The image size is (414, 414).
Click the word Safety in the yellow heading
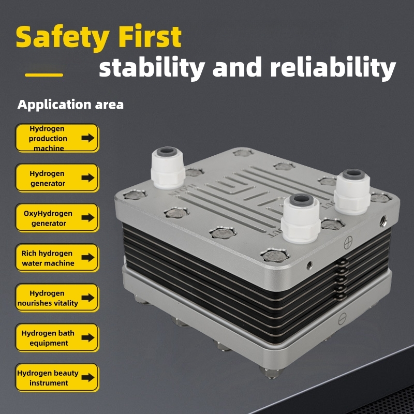63,37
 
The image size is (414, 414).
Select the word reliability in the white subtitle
333,67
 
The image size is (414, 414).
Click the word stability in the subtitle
152,67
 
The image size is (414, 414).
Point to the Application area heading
70,105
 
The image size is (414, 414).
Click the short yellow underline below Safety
44,75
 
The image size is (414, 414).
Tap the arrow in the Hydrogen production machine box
88,138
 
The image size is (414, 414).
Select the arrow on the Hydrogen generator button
88,178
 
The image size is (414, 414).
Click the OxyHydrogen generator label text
48,218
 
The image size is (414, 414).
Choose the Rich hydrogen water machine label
48,258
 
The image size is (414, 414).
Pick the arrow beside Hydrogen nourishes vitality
88,298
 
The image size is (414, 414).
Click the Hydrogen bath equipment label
48,338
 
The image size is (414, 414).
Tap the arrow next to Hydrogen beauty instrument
88,377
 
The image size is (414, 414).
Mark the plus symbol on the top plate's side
348,242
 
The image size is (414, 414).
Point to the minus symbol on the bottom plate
342,319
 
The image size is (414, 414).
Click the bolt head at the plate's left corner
135,195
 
